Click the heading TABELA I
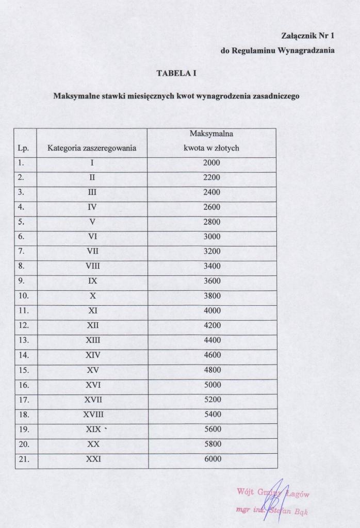[x=177, y=74]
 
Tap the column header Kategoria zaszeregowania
[x=92, y=148]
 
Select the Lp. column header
[x=23, y=148]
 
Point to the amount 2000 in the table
[x=211, y=163]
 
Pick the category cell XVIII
[x=93, y=415]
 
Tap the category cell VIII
[x=93, y=266]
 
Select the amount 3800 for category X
[x=211, y=296]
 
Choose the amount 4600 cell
[x=211, y=355]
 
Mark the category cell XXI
[x=93, y=459]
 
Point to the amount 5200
[x=211, y=400]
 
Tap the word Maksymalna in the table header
[x=211, y=134]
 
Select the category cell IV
[x=93, y=207]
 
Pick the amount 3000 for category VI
[x=211, y=237]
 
